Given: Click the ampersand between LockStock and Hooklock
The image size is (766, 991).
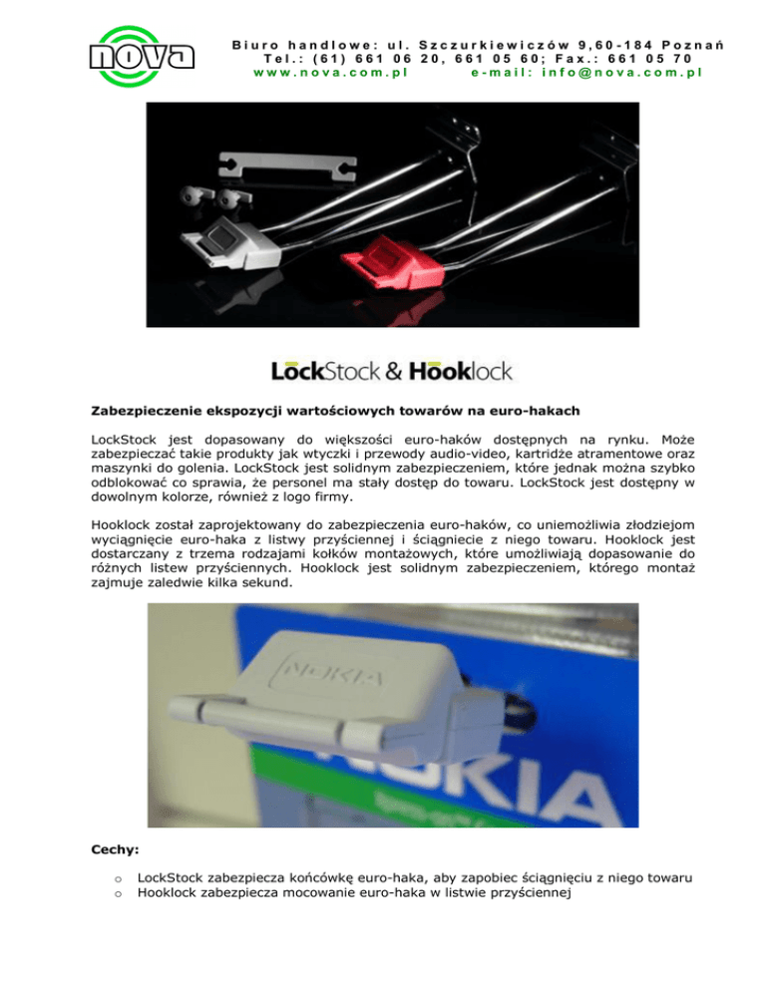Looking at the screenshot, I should point(391,372).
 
